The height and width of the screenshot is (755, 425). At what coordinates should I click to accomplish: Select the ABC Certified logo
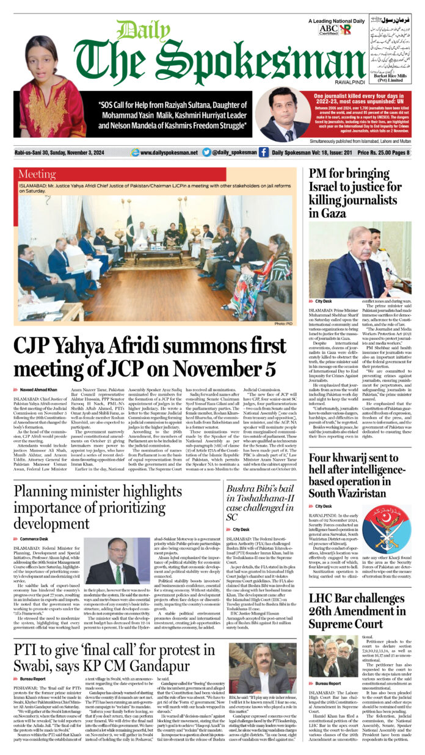tap(329, 30)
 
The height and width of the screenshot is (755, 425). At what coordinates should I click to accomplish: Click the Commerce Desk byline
tap(34, 539)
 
